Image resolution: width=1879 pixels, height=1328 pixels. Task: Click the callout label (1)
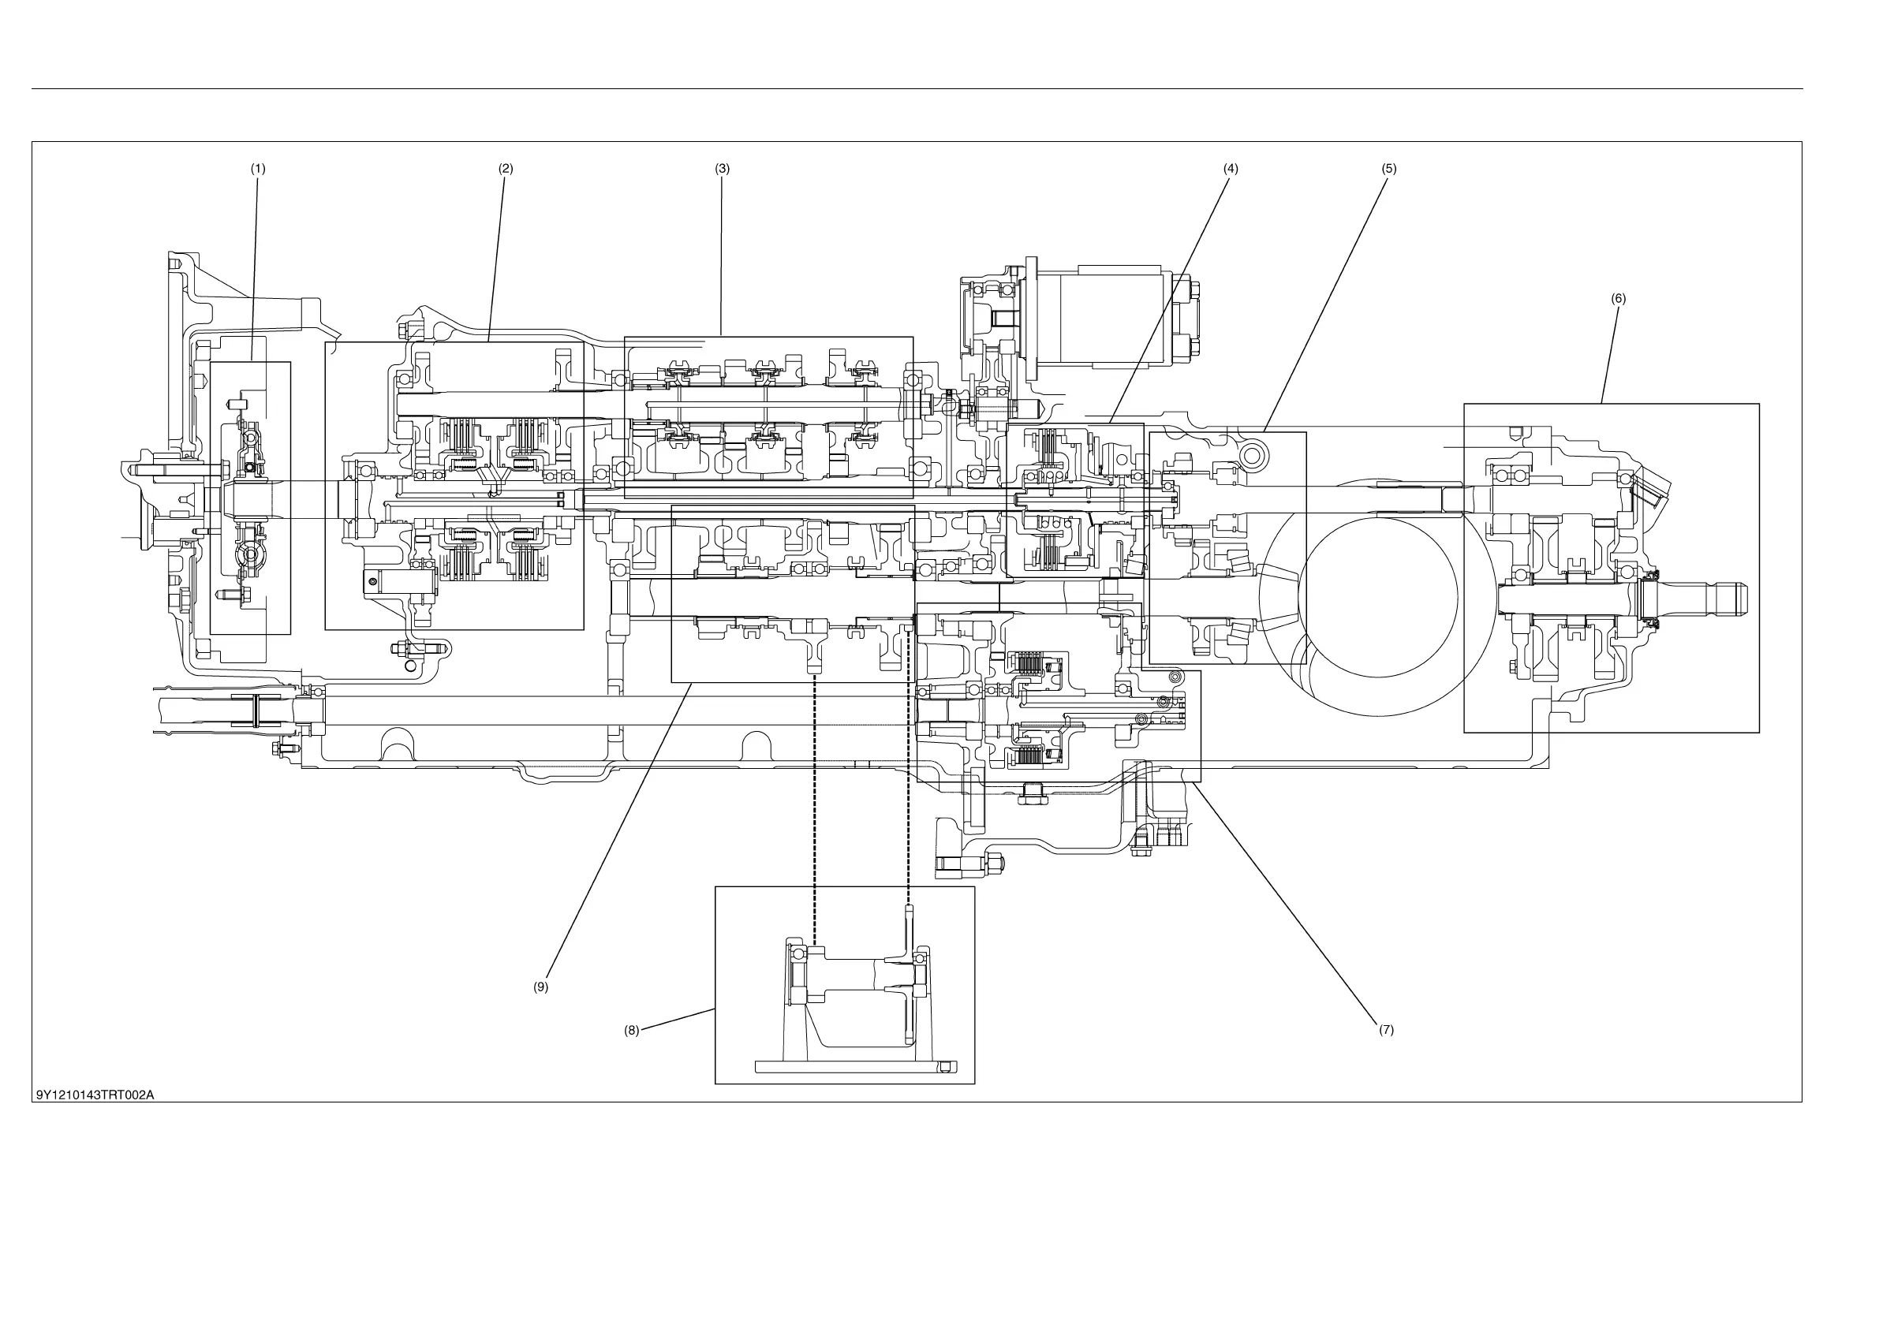point(258,170)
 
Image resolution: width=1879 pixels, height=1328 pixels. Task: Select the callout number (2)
point(506,170)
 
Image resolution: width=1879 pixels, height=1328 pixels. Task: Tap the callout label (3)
point(722,170)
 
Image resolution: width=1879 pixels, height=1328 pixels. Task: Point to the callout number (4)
point(1230,170)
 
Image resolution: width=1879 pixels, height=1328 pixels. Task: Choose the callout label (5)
point(1389,170)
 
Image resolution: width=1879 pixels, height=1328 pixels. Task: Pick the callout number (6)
point(1618,299)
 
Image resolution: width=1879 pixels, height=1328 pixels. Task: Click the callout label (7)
point(1385,1030)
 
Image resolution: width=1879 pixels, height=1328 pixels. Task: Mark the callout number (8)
point(631,1031)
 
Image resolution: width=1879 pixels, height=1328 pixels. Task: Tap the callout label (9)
point(541,987)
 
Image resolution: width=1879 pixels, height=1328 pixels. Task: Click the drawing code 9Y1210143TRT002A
point(95,1095)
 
